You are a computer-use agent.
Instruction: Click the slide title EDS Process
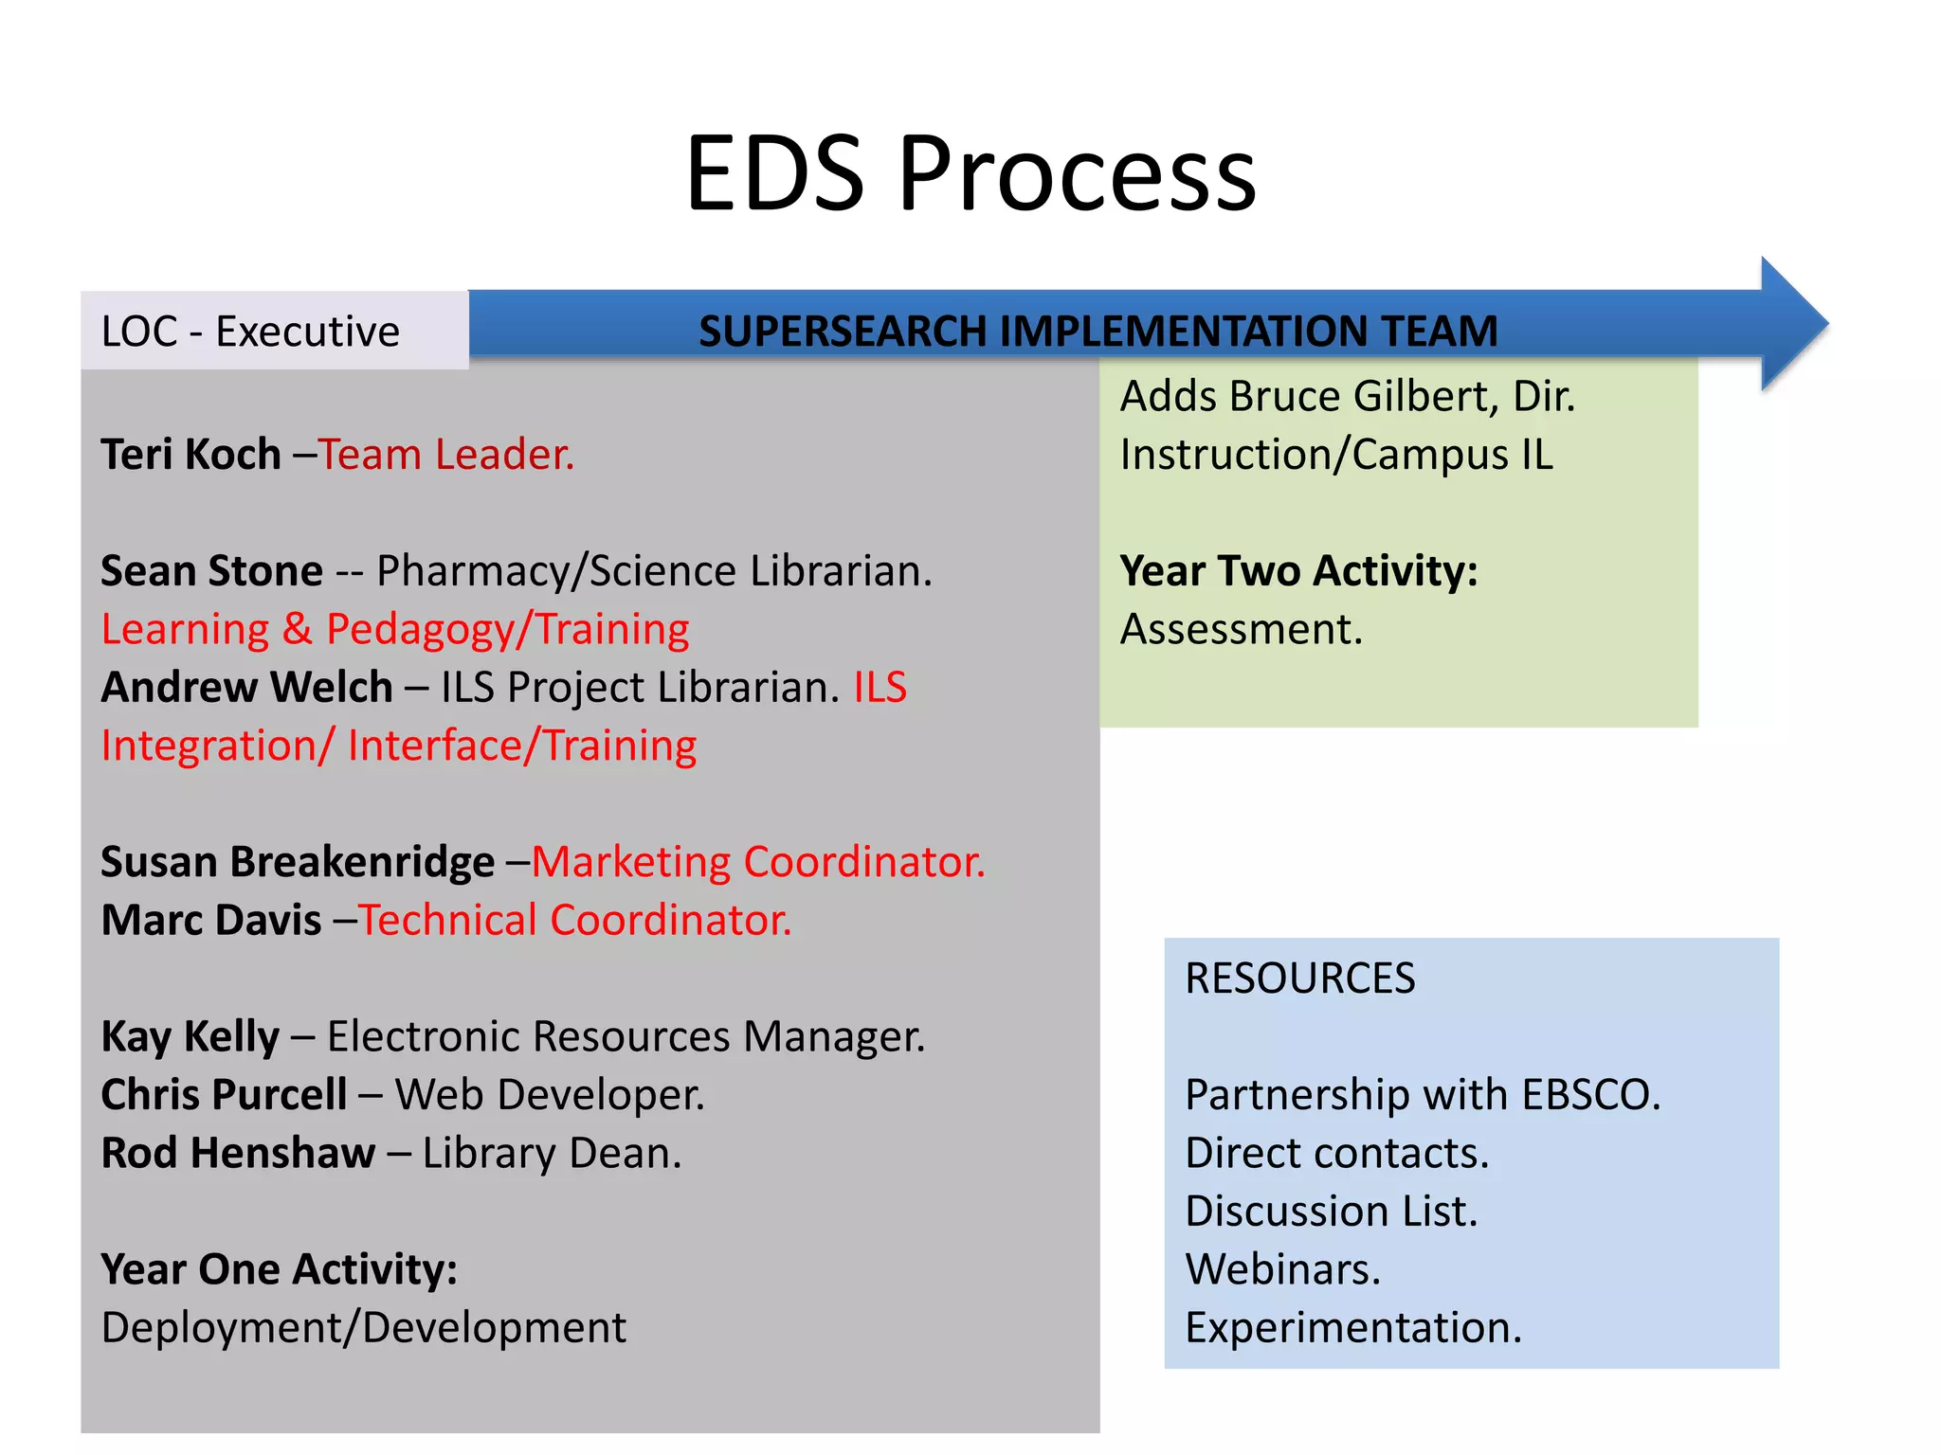(970, 174)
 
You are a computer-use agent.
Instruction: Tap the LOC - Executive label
(250, 332)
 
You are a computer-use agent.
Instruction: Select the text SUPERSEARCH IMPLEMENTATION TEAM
(1097, 332)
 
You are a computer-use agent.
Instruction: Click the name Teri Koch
(190, 455)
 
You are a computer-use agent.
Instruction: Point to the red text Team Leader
(445, 455)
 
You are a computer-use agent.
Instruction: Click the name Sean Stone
(211, 571)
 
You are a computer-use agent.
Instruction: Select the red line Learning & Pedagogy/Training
(395, 630)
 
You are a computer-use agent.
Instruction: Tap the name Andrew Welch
(246, 688)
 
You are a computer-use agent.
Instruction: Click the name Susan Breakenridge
(297, 863)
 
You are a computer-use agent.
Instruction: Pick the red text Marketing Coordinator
(758, 863)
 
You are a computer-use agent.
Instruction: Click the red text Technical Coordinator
(574, 921)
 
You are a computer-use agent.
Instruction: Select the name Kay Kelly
(190, 1037)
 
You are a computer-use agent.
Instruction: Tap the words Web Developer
(550, 1095)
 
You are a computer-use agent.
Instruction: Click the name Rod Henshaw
(238, 1154)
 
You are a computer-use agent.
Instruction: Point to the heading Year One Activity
(279, 1270)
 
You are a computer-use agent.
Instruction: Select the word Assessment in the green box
(1241, 630)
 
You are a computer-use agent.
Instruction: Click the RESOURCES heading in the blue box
(1299, 979)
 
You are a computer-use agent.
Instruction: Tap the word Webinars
(1282, 1270)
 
